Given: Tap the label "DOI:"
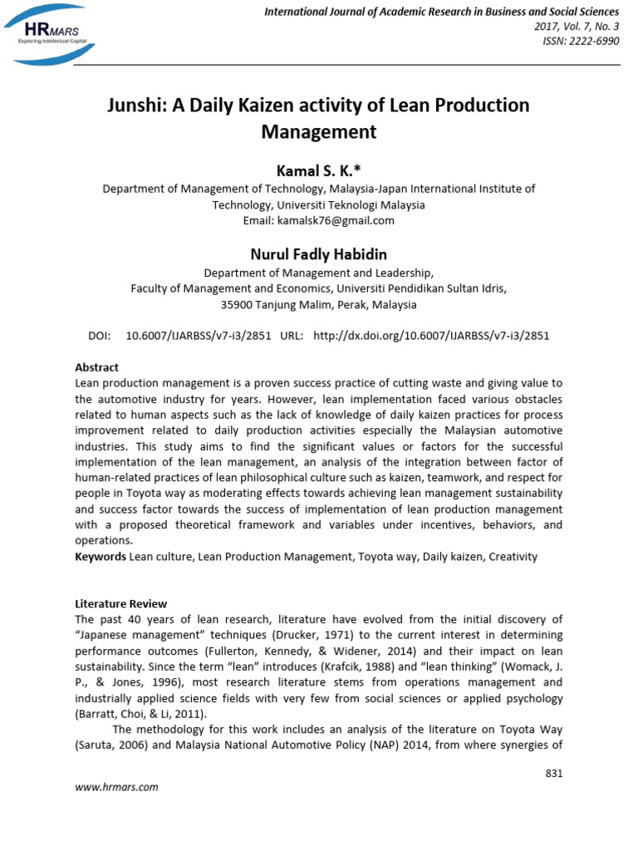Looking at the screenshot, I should (x=99, y=336).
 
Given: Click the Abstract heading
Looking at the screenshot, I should (x=97, y=367).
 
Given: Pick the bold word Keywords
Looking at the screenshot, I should (x=101, y=557).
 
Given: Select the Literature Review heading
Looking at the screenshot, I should (x=121, y=603).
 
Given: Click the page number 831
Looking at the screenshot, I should (x=553, y=774).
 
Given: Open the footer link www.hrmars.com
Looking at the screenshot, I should (x=116, y=787).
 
